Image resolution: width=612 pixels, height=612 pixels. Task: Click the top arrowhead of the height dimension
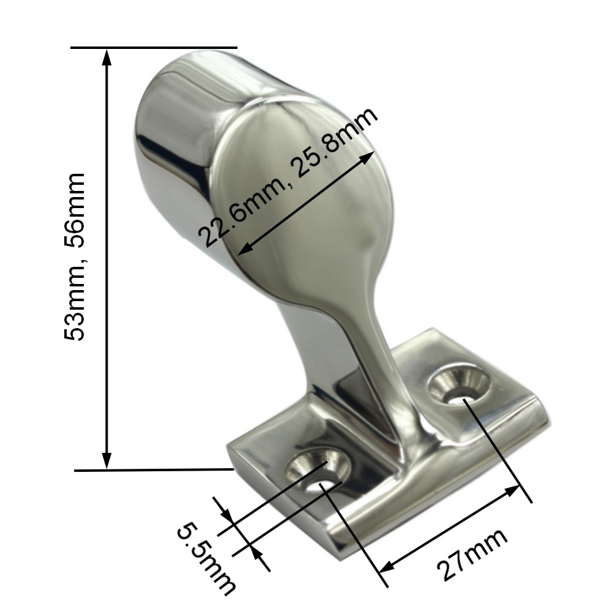pos(106,56)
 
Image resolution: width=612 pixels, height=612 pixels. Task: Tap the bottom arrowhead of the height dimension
pos(106,460)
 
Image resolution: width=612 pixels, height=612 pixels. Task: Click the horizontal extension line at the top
pos(153,47)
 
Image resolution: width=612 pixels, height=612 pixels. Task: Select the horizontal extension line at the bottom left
pos(153,470)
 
